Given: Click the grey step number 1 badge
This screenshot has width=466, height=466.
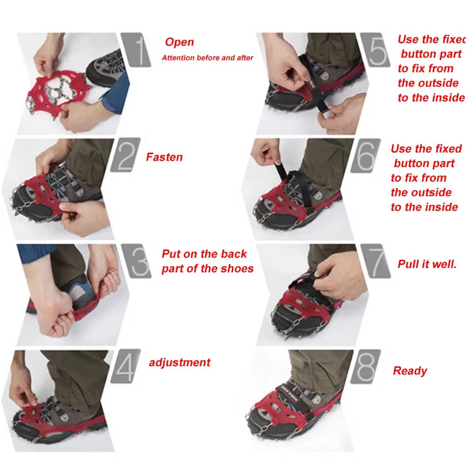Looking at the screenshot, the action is pos(136,50).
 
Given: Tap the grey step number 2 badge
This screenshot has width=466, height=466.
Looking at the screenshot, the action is pos(125,155).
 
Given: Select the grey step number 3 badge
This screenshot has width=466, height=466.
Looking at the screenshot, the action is pos(136,261).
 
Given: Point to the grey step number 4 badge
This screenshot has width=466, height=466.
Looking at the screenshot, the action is pos(125,366).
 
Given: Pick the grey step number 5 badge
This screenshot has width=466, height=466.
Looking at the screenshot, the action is pos(375,50).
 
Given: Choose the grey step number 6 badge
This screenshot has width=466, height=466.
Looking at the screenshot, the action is pos(365,155).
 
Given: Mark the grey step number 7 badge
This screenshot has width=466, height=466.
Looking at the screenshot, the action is pos(376,261).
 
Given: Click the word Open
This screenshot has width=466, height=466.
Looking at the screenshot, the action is pos(180,42).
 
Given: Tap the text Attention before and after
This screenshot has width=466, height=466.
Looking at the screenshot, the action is pos(208,58).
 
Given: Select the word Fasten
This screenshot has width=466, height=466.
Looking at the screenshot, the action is pos(164,157).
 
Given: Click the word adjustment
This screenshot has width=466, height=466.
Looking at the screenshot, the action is pos(180,363).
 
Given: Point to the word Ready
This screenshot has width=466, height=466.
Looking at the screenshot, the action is pos(410,371).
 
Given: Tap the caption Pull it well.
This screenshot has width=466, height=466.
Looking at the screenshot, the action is pos(427,264).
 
